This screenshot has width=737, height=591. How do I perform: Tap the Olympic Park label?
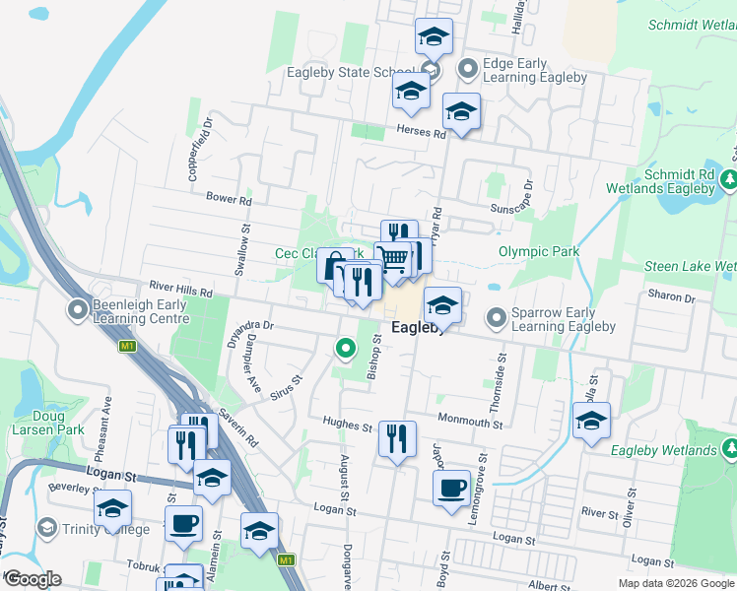pos(539,251)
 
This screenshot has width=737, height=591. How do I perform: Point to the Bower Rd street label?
pos(229,198)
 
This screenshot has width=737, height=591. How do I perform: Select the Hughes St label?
pos(347,426)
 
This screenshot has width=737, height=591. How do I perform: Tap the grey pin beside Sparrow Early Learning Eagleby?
pos(497,318)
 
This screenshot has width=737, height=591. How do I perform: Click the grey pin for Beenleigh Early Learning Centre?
pos(78,310)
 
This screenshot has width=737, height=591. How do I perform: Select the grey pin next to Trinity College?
pos(46,530)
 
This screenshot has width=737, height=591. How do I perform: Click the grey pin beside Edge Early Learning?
pos(468,69)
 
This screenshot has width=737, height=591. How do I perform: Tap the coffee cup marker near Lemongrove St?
pos(452,488)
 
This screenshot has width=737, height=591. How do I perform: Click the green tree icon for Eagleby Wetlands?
pos(730,450)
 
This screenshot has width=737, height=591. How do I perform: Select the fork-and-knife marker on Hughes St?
pos(397,438)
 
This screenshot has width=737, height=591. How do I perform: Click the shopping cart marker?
pos(393,260)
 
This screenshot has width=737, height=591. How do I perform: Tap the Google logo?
pos(33,579)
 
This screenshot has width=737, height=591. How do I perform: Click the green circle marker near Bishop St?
pos(346,348)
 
